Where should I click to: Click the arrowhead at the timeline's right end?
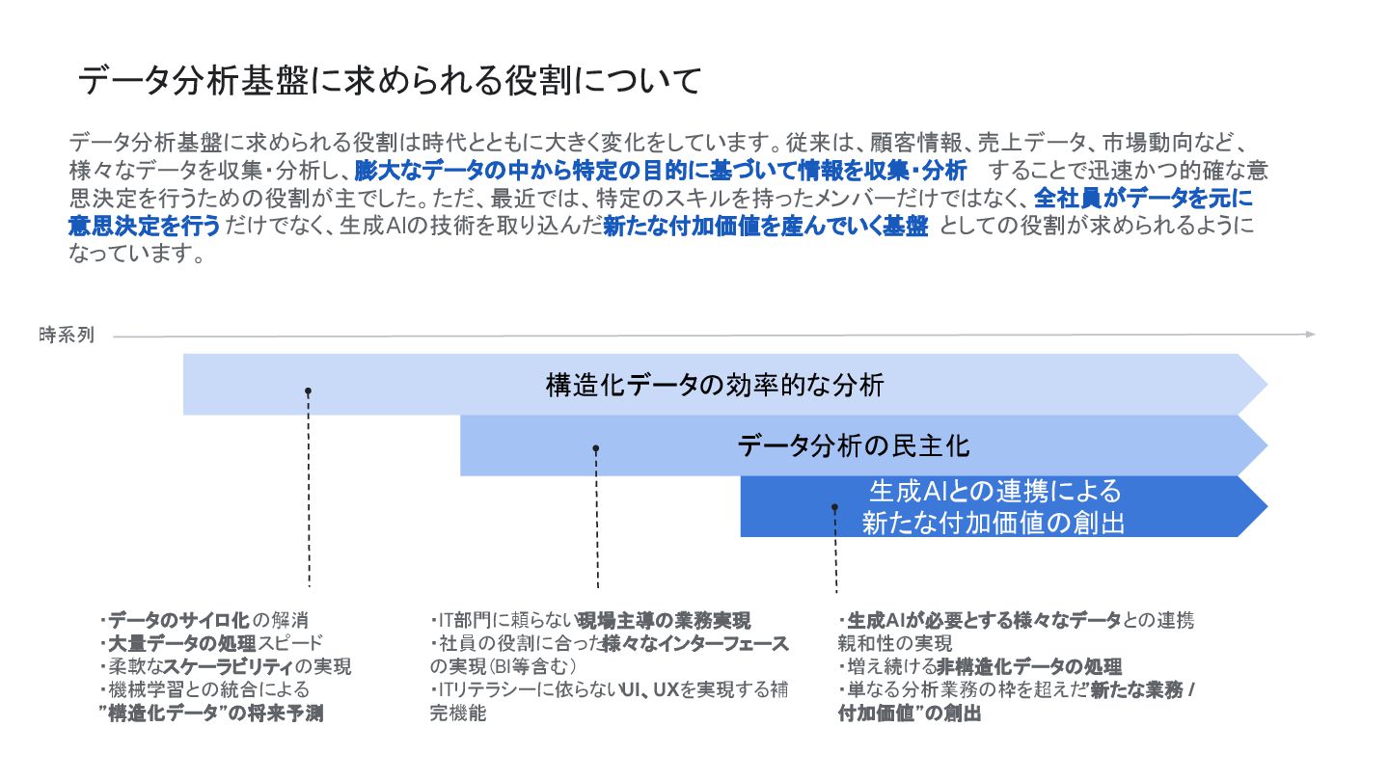[1309, 335]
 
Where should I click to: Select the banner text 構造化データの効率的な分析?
[715, 386]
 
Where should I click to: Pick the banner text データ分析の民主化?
[854, 445]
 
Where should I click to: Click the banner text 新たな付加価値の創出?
[994, 523]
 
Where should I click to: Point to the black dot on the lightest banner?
[308, 391]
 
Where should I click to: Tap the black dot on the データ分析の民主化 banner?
[596, 448]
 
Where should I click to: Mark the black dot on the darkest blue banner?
[834, 507]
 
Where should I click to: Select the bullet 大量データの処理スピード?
[213, 643]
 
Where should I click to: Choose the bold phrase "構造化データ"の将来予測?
[211, 714]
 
